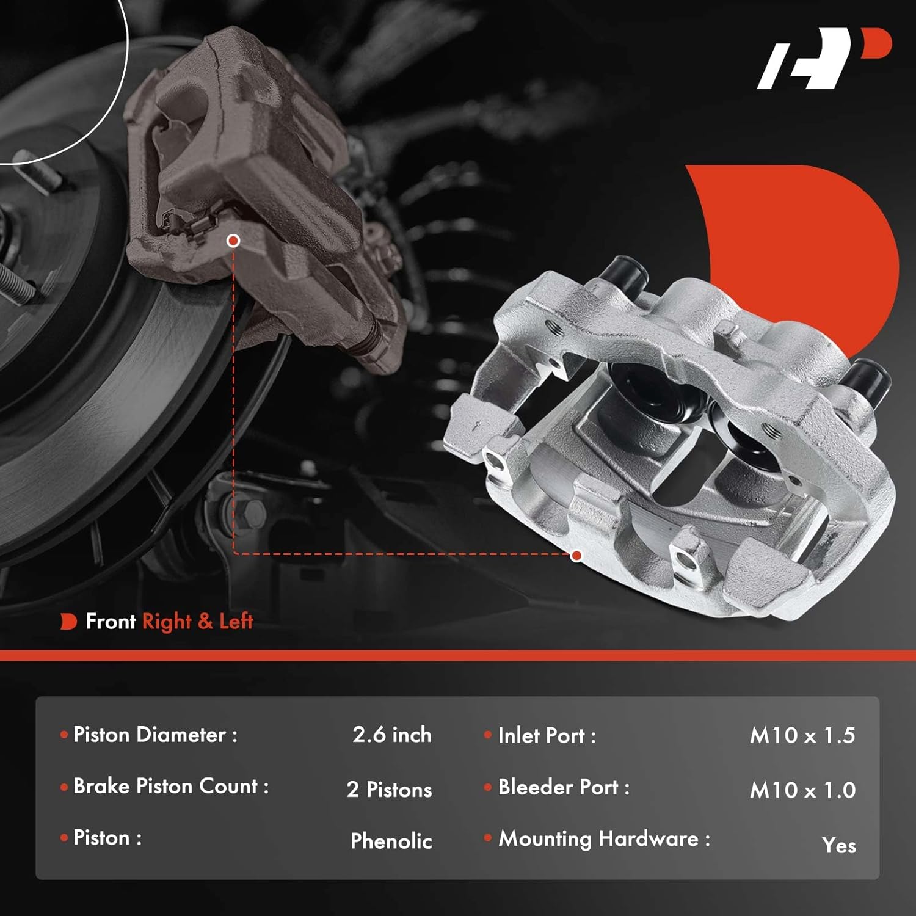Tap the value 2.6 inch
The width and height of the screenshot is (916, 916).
[x=392, y=735]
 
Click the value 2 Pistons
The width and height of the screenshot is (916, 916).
[x=390, y=790]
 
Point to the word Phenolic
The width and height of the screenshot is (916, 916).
[x=391, y=841]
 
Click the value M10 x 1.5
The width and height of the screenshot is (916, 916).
[x=802, y=735]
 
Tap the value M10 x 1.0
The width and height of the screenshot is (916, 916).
[x=802, y=790]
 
